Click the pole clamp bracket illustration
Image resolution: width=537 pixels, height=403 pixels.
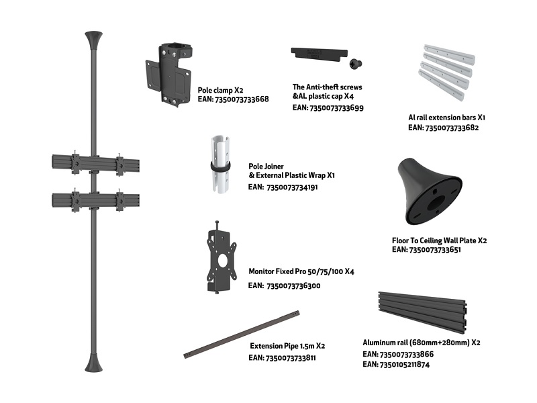(168, 75)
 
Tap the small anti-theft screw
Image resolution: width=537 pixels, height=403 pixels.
(356, 63)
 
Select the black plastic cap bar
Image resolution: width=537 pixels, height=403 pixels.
(320, 54)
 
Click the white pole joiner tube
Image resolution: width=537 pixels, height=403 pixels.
(220, 165)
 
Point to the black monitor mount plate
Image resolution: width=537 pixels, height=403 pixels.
(222, 258)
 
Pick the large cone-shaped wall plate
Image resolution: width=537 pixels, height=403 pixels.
(430, 191)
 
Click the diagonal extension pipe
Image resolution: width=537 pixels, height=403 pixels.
(242, 334)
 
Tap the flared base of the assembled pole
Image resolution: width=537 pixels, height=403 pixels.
(93, 363)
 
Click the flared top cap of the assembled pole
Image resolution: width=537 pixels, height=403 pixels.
(93, 40)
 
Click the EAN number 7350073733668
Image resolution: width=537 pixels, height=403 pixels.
(242, 99)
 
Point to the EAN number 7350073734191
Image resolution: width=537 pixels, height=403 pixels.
(292, 187)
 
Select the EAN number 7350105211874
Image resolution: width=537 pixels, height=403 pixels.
(405, 365)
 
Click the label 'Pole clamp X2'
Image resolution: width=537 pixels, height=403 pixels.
(220, 90)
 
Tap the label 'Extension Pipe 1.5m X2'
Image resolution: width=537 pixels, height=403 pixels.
(287, 346)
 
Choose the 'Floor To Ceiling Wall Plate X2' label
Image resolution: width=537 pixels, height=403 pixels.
(439, 240)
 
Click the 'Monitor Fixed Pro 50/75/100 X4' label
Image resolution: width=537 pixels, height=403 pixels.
(301, 271)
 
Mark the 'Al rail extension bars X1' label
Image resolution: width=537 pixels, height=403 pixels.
(446, 117)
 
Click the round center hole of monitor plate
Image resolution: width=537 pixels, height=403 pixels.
(223, 260)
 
